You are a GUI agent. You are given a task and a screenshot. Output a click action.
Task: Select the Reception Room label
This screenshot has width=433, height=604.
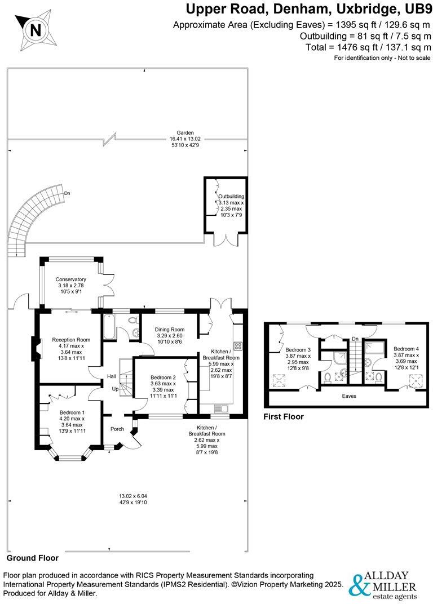pos(71,340)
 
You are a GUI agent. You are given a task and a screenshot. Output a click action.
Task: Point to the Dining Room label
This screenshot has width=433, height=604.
pos(170,330)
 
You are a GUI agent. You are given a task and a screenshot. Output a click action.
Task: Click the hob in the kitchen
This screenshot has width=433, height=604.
pos(237,346)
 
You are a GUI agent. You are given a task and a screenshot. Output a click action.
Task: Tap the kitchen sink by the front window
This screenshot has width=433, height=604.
pos(220,408)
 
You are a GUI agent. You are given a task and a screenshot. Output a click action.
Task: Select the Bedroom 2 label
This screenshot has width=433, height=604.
pos(163,377)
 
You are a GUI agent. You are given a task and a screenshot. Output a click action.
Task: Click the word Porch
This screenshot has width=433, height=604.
pos(117,429)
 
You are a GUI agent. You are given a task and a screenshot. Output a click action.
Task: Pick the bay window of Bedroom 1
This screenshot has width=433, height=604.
pos(70,455)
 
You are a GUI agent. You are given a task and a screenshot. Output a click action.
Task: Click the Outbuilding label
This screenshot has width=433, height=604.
pos(231,197)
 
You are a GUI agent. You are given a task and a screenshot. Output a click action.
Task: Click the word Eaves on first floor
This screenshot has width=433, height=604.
pos(349,396)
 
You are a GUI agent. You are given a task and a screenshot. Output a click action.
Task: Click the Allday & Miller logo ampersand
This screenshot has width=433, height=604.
pos(357,585)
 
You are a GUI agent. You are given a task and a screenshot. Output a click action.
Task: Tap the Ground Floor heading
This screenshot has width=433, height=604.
pos(32,558)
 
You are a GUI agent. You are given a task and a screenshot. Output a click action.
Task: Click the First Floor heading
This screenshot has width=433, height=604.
pos(284,416)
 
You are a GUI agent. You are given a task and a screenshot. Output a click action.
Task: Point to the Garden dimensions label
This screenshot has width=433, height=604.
pos(185,139)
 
